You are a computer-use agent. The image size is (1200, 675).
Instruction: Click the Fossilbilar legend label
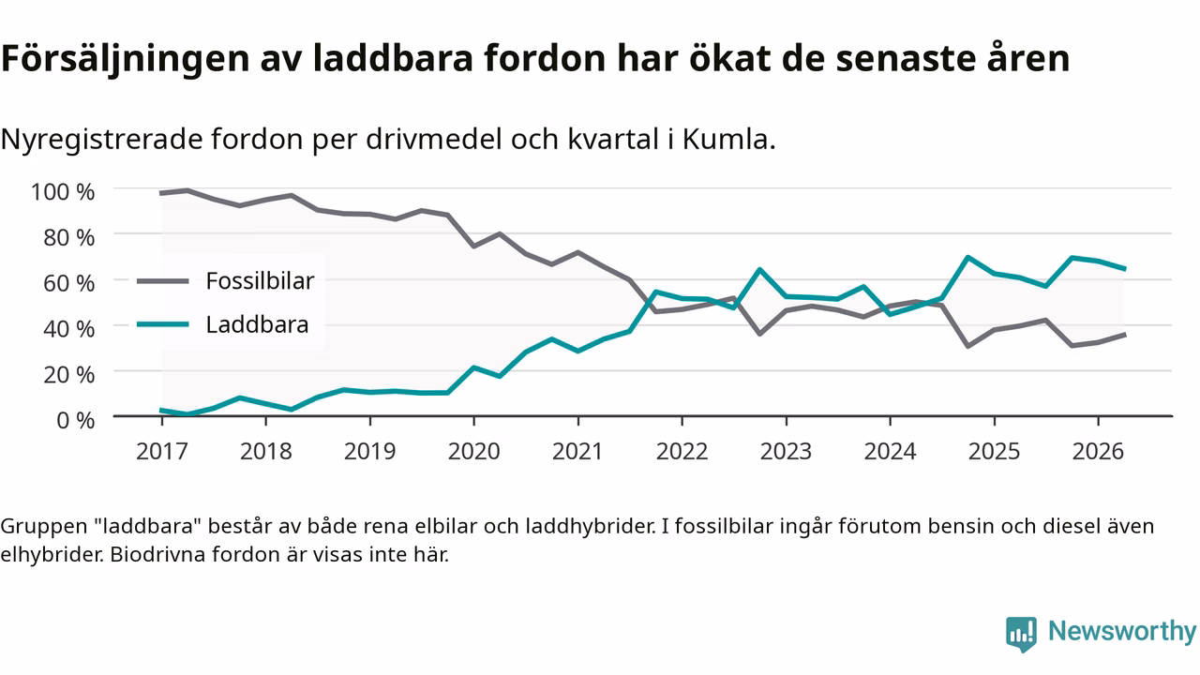[x=260, y=280]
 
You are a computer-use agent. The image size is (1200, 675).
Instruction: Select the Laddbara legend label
[x=257, y=324]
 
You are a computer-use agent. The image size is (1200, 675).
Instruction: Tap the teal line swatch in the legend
[x=163, y=324]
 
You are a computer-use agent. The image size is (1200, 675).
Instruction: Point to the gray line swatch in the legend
[x=163, y=281]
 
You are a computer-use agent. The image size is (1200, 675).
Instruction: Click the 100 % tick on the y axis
[x=63, y=192]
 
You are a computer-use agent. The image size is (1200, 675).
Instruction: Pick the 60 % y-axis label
[x=69, y=283]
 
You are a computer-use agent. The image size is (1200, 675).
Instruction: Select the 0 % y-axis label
[x=76, y=420]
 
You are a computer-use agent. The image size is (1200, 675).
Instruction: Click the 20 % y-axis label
[x=69, y=374]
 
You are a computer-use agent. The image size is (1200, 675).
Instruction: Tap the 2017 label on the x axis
[x=162, y=451]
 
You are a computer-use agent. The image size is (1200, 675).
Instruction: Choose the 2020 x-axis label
[x=473, y=451]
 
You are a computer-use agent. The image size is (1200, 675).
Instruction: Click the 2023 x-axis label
[x=786, y=451]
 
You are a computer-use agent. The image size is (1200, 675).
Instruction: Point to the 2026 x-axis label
[x=1098, y=451]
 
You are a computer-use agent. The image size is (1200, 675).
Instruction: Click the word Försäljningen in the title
[x=126, y=58]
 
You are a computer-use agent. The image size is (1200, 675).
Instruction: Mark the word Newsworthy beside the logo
[x=1122, y=631]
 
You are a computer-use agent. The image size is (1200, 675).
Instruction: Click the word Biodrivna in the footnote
[x=157, y=554]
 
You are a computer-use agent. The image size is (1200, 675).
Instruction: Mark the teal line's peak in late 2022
[x=760, y=269]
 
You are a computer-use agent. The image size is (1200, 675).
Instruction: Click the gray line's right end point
[x=1124, y=335]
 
